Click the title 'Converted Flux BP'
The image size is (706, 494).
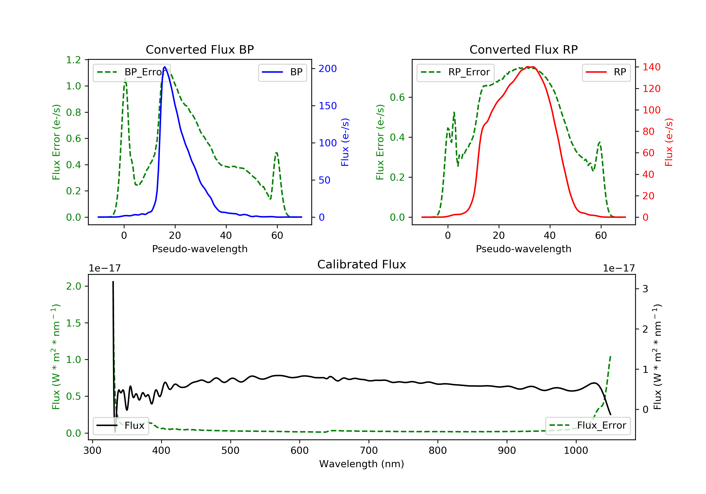200,49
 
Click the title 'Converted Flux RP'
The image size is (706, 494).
523,49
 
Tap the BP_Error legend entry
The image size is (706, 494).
131,72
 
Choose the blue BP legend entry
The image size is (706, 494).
282,72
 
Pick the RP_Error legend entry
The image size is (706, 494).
455,72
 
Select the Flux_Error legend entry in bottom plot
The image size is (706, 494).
588,426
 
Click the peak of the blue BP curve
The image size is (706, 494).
165,67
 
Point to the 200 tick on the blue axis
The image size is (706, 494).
328,68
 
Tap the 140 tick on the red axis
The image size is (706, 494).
651,67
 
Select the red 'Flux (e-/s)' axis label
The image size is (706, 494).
669,142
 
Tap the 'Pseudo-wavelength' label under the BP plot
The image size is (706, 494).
200,249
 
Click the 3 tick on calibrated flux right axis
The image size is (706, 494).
645,289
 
